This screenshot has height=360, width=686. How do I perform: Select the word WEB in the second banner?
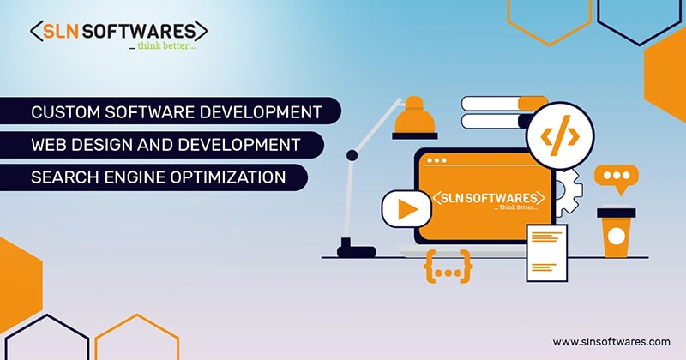pyautogui.click(x=47, y=145)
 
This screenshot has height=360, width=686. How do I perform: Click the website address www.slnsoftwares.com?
pyautogui.click(x=611, y=340)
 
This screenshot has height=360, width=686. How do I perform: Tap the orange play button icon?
pyautogui.click(x=404, y=208)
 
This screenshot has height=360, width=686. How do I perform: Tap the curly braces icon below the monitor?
pyautogui.click(x=448, y=267)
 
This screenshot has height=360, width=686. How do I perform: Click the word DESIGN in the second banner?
pyautogui.click(x=99, y=145)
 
